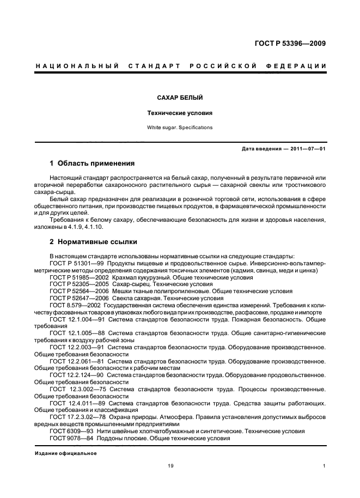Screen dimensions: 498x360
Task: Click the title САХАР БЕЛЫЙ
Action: (180, 98)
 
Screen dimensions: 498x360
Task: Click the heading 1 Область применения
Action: (92, 163)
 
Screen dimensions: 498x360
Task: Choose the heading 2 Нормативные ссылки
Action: (93, 241)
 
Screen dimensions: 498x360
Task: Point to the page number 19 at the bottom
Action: (170, 466)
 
